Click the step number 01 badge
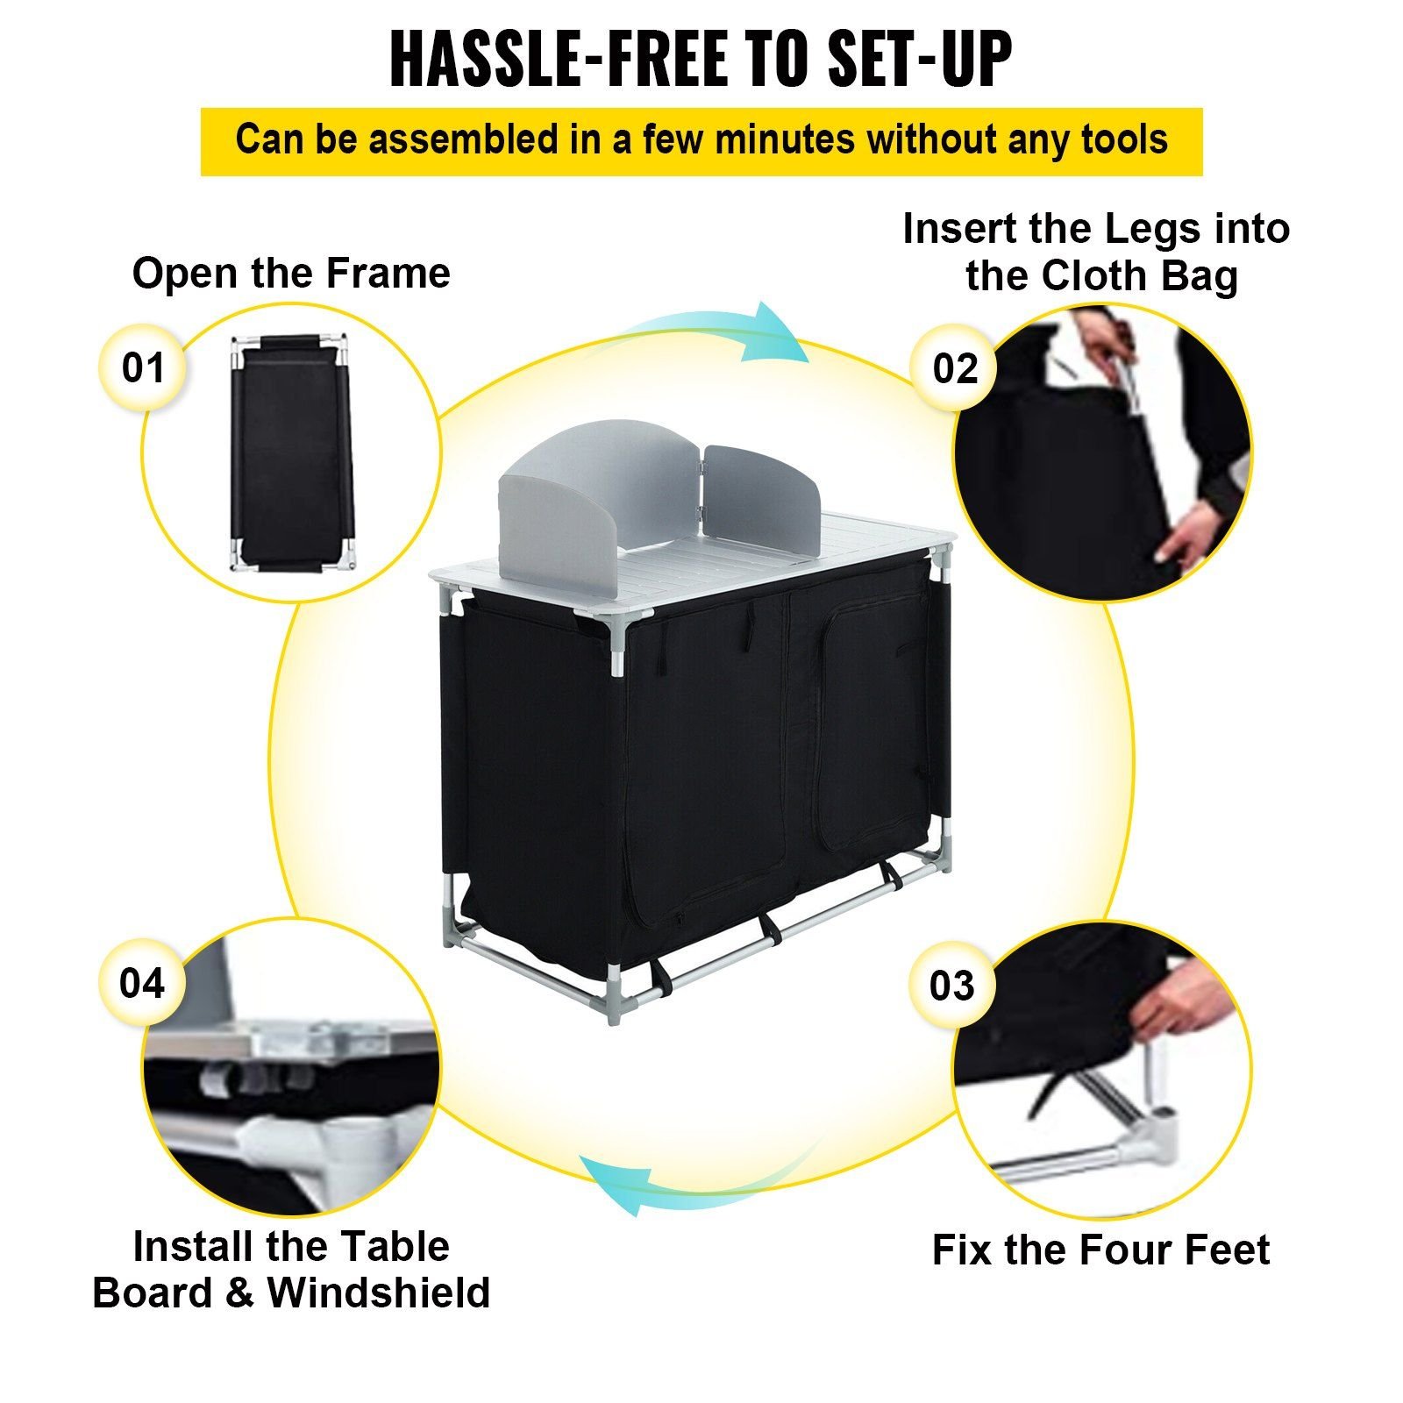pos(143,367)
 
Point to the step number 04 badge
pos(142,983)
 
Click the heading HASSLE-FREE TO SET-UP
pos(701,59)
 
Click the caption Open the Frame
pos(291,273)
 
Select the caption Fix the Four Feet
pos(1100,1250)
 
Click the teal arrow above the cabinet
pos(716,333)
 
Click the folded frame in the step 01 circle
pos(291,453)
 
